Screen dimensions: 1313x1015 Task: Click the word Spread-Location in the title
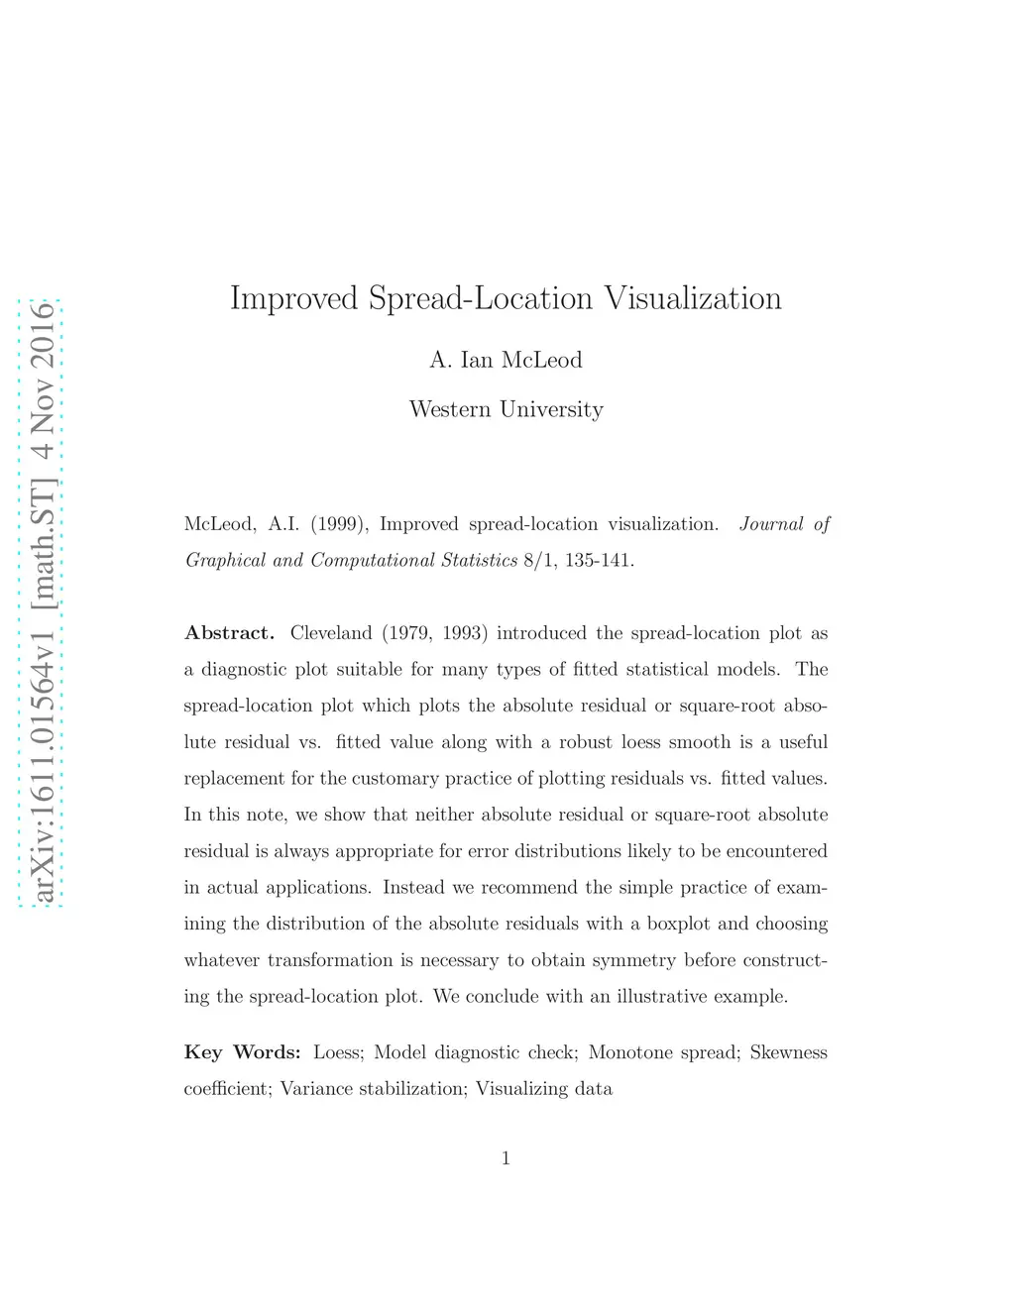(481, 298)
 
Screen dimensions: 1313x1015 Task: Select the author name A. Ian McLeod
(506, 360)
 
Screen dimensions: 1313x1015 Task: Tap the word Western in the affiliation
(450, 409)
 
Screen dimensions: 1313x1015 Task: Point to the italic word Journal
(771, 524)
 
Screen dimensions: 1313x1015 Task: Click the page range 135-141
(599, 561)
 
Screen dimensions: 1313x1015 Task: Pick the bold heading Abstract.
(229, 633)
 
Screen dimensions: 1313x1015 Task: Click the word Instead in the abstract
(413, 888)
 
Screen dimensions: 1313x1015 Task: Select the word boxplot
(678, 924)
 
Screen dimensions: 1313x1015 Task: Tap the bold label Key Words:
(242, 1052)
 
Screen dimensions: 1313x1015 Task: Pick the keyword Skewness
(788, 1052)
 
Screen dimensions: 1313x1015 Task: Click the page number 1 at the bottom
(506, 1158)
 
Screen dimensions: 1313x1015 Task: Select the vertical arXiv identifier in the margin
(42, 602)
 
